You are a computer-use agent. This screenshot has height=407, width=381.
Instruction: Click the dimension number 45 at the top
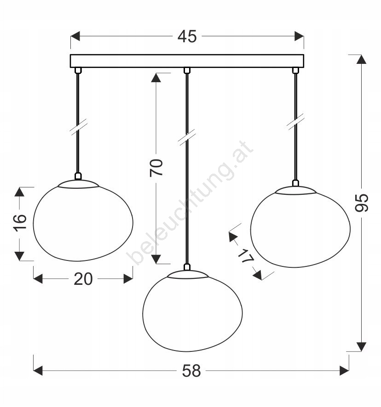click(x=187, y=36)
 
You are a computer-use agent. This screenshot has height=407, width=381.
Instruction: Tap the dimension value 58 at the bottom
click(x=191, y=371)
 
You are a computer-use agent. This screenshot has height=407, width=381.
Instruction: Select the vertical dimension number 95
click(x=362, y=203)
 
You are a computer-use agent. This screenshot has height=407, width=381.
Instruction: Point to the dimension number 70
click(x=156, y=168)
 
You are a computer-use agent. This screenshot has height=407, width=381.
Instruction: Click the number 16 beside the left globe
click(x=20, y=223)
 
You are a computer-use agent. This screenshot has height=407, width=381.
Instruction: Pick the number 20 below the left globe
click(x=83, y=279)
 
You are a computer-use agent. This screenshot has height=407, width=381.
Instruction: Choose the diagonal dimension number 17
click(x=246, y=256)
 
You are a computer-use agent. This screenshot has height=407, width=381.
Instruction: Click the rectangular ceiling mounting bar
click(x=187, y=61)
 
